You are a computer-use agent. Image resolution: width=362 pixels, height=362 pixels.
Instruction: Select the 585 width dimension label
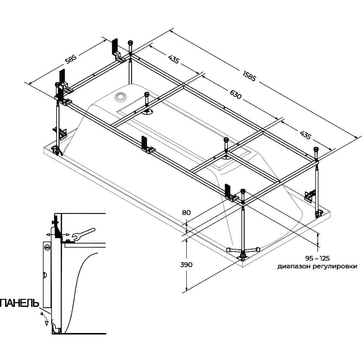[71, 58]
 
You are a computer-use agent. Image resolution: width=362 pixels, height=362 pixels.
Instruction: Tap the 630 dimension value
[236, 94]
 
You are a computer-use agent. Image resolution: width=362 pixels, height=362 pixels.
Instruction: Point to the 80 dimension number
[186, 212]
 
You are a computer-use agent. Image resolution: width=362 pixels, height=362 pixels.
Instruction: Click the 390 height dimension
[186, 265]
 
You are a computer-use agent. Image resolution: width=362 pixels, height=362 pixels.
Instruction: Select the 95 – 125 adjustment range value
[317, 258]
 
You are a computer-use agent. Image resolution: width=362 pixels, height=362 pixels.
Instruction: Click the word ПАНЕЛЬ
[20, 303]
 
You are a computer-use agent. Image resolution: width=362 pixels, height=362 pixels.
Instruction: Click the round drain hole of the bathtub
[120, 96]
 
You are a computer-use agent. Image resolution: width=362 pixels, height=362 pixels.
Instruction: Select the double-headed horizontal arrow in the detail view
[58, 235]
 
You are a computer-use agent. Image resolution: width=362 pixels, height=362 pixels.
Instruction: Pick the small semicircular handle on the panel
[45, 275]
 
